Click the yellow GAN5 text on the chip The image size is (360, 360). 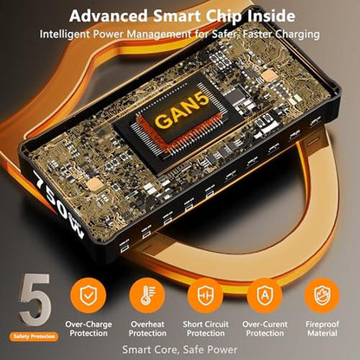183,111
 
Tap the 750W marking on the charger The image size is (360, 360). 58,203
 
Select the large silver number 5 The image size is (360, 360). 35,299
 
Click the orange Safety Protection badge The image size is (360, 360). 34,337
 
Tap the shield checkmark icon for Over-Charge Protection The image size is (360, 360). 88,295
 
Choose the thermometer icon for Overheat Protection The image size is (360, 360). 147,295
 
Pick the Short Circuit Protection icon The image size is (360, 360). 205,295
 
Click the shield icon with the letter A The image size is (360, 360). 265,295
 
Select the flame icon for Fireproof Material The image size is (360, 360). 322,295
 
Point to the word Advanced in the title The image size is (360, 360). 108,16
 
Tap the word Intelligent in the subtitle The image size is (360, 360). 65,35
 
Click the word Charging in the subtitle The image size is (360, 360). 298,35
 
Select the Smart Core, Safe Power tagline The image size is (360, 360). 180,350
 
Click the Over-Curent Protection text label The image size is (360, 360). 265,329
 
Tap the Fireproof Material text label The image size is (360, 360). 322,329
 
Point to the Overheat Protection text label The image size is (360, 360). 147,329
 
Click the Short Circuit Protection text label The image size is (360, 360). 205,329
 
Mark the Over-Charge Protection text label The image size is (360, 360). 88,329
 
